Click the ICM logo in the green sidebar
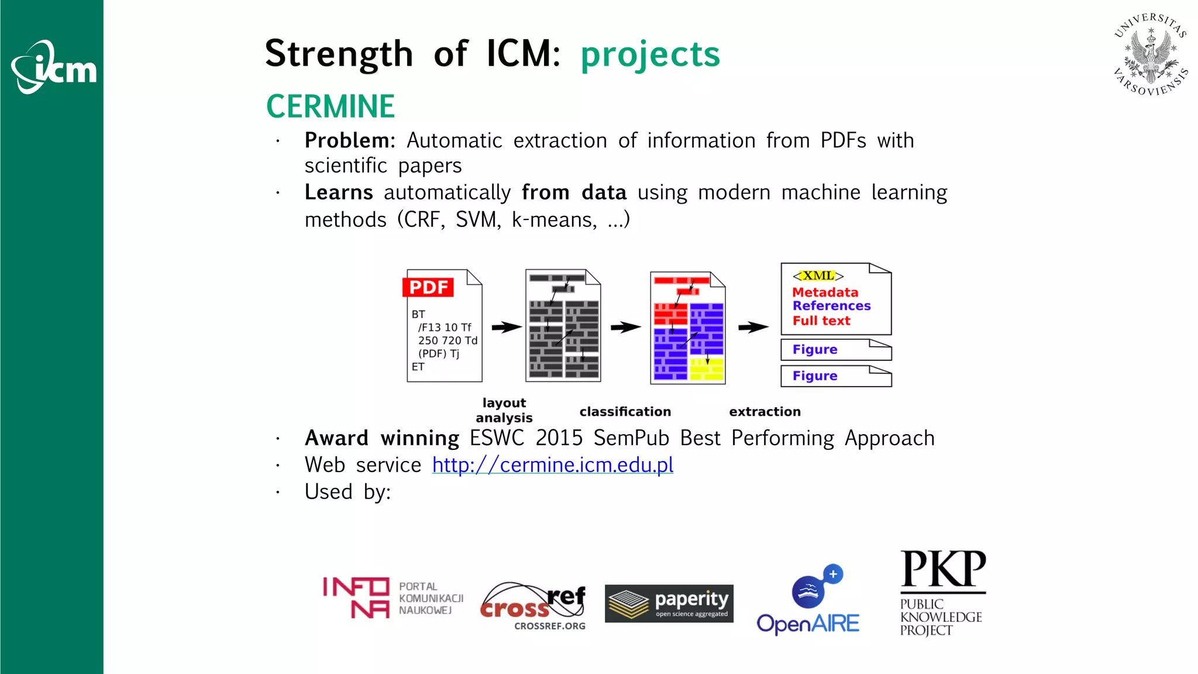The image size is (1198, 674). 54,67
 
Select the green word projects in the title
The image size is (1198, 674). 650,54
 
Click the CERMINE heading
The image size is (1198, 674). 331,106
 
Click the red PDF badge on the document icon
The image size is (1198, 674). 429,287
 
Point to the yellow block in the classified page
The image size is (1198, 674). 706,369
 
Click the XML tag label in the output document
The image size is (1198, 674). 818,276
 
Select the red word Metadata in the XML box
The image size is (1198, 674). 825,292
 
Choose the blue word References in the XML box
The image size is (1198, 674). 831,306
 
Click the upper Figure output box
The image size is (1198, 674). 835,349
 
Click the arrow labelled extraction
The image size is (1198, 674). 753,327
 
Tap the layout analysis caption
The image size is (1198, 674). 504,410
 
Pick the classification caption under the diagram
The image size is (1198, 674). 625,412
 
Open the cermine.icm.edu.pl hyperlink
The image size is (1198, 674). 553,465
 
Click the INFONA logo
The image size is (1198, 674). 393,598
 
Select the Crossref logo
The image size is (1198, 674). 533,605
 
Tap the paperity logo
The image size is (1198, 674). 669,604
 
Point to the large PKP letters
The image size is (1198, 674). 942,569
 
